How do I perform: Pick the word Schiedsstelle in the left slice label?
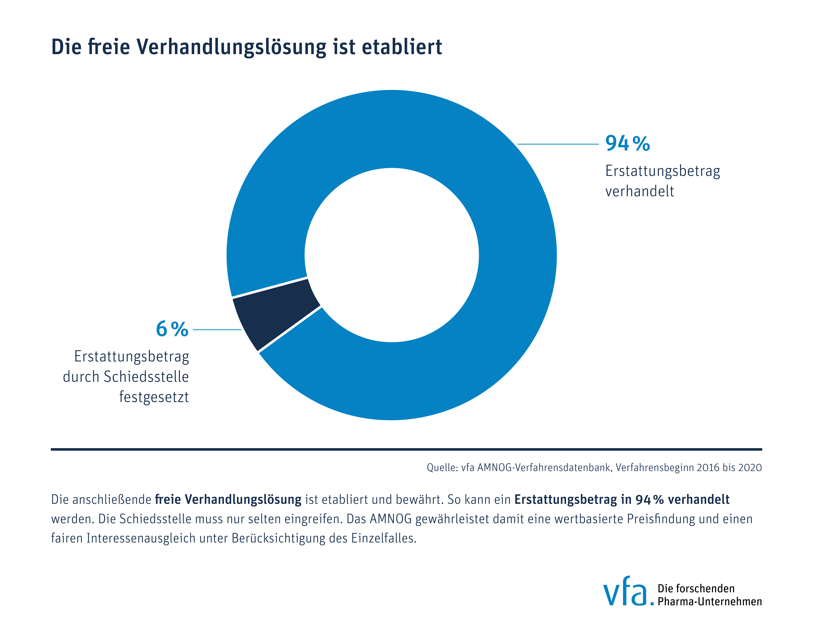point(146,377)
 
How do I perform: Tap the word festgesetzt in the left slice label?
point(154,397)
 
